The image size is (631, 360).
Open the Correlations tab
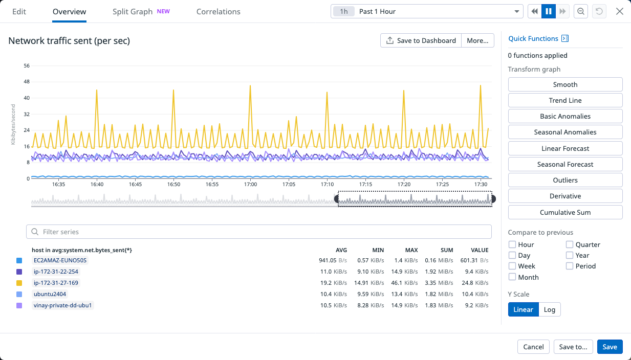point(218,11)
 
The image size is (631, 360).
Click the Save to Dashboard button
point(421,40)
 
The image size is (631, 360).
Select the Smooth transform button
point(565,84)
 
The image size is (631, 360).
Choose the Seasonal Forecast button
point(565,164)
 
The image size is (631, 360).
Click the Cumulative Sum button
point(565,212)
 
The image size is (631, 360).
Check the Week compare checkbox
point(512,266)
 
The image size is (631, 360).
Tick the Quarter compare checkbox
point(570,244)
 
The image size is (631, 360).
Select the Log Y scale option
point(550,309)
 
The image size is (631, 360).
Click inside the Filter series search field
point(258,232)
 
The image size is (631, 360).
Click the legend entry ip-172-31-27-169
point(56,283)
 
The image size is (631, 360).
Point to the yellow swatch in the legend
point(19,283)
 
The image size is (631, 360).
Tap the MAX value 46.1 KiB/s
point(406,283)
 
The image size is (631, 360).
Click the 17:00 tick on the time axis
point(250,184)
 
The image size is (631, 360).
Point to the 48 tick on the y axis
point(27,82)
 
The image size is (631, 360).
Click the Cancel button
point(533,347)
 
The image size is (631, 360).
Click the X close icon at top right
point(619,11)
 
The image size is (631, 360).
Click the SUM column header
point(446,250)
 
